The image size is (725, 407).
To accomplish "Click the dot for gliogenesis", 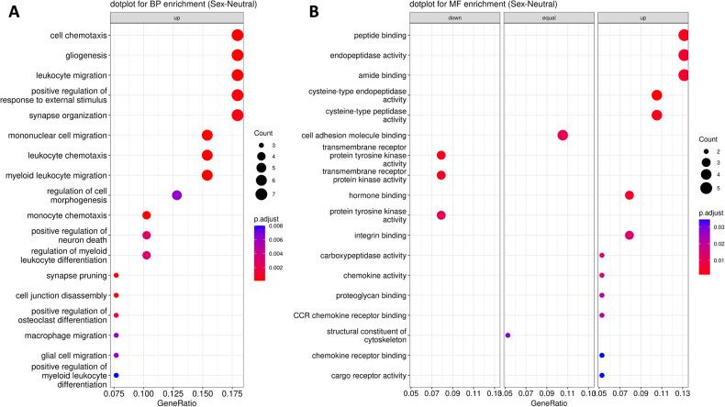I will [238, 55].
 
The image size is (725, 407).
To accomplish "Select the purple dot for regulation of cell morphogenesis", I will [177, 195].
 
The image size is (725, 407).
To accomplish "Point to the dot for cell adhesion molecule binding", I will [563, 136].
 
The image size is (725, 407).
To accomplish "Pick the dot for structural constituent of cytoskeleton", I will [507, 335].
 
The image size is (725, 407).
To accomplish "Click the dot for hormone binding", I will [629, 195].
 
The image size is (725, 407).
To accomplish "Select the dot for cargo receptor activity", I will [602, 376].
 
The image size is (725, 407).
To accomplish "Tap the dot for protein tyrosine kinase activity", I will [441, 215].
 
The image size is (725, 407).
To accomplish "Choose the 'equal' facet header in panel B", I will [548, 17].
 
